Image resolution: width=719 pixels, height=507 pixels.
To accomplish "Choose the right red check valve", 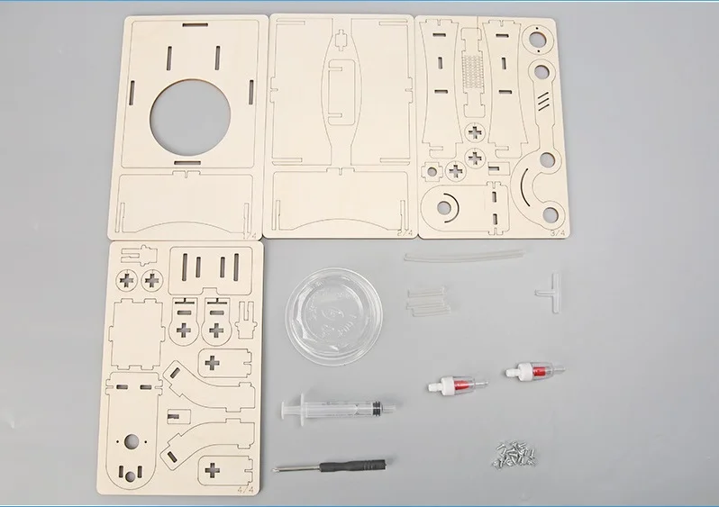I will (530, 368).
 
